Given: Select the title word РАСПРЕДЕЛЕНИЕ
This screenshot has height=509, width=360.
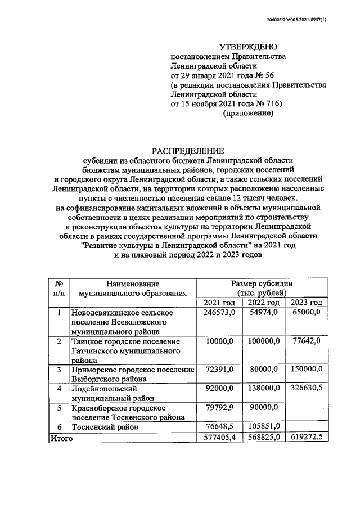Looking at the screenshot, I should pyautogui.click(x=188, y=150).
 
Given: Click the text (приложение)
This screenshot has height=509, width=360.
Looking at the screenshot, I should pyautogui.click(x=249, y=113).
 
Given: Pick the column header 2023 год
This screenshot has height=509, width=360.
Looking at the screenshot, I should pyautogui.click(x=307, y=303).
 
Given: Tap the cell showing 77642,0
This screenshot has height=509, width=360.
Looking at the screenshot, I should pyautogui.click(x=307, y=341).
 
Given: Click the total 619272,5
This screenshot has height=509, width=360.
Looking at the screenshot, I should pyautogui.click(x=307, y=437).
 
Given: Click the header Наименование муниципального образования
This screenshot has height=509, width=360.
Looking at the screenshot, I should pyautogui.click(x=132, y=288).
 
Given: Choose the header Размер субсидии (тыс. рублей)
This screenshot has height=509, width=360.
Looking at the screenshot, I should pyautogui.click(x=262, y=288).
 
